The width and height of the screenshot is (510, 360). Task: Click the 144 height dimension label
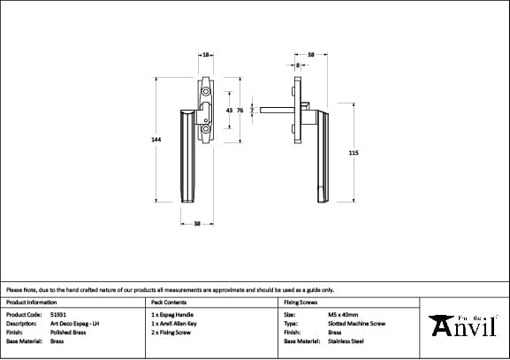click(157, 140)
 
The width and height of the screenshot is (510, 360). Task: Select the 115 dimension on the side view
click(354, 153)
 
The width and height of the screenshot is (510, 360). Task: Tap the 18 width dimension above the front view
click(206, 55)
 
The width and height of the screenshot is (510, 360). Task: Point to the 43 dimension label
click(230, 111)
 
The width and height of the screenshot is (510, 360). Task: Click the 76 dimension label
click(240, 111)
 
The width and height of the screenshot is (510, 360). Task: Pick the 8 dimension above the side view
click(299, 65)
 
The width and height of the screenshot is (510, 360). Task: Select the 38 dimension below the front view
click(197, 223)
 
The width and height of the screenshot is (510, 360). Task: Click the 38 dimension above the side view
click(310, 55)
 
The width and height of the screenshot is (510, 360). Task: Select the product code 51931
click(59, 314)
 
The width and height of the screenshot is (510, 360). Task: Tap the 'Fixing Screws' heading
click(301, 302)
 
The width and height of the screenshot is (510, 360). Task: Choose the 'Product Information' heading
click(32, 302)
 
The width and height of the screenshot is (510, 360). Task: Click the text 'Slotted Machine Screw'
click(356, 323)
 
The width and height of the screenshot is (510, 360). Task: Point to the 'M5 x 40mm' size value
click(343, 314)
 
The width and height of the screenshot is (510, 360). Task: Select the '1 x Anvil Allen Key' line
click(175, 323)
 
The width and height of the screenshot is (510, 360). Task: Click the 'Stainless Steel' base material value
click(346, 341)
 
